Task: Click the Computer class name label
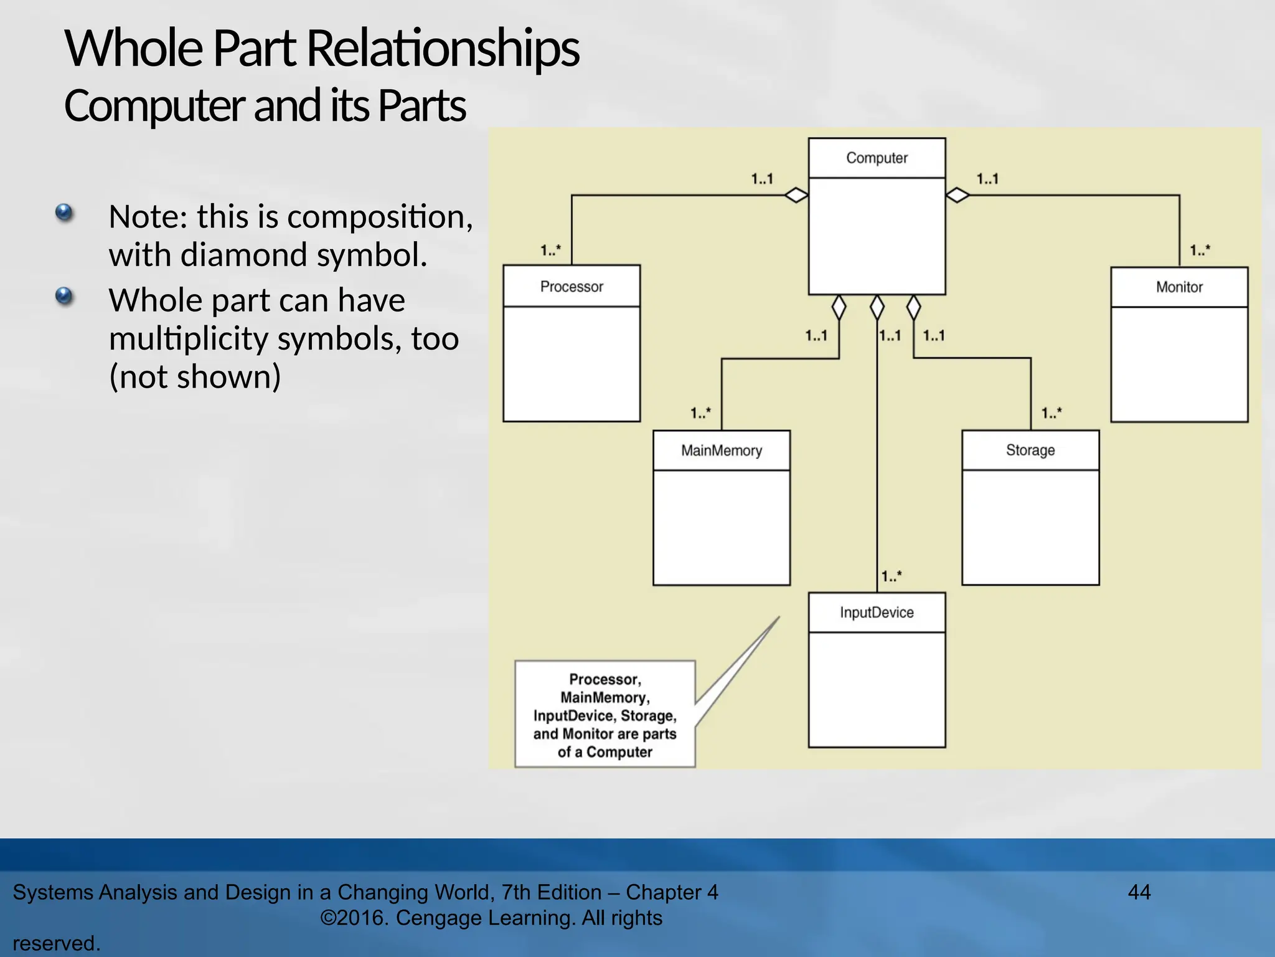point(877,158)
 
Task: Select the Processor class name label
point(572,287)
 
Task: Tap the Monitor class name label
point(1179,287)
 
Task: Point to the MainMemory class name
point(722,450)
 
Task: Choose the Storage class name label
point(1030,450)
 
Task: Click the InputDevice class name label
point(877,612)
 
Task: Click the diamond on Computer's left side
point(796,195)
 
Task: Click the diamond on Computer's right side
point(957,195)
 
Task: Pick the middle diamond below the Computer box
point(877,307)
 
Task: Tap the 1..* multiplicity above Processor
point(550,250)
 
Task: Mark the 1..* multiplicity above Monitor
point(1200,250)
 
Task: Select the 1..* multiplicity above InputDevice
point(892,576)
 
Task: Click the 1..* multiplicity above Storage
point(1052,413)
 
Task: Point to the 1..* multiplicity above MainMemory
point(700,413)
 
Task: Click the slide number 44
point(1139,892)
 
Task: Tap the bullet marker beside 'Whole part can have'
point(64,295)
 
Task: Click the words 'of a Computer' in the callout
point(605,752)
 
